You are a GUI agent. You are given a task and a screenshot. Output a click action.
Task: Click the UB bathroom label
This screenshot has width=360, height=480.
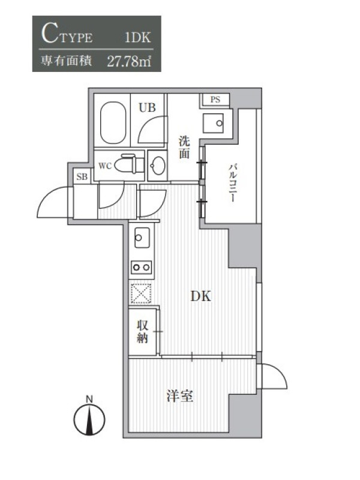pos(147,107)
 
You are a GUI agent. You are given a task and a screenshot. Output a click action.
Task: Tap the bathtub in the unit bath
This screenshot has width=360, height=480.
pos(113,122)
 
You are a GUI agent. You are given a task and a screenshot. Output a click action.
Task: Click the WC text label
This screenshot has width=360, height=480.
pos(104,166)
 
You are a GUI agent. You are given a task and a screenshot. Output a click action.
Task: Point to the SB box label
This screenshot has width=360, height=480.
pos(82,176)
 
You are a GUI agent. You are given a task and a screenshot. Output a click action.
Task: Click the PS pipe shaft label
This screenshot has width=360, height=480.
pos(215,100)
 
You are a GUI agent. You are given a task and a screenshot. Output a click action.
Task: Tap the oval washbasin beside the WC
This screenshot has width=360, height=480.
pos(158,166)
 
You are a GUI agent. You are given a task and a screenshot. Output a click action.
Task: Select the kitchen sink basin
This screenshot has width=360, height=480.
pos(142,237)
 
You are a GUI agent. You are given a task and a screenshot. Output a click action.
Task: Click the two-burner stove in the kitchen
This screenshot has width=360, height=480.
pos(142,267)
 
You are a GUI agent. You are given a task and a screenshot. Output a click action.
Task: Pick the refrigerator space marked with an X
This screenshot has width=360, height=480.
pos(141,293)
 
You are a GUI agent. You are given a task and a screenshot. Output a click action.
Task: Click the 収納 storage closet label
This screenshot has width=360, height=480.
pos(142,332)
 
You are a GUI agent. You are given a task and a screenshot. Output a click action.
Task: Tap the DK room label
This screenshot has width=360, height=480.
pos(201,296)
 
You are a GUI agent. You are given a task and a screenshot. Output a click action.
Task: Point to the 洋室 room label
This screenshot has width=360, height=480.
pos(180,396)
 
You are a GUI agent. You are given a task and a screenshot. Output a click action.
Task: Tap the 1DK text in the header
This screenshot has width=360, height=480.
pos(138,37)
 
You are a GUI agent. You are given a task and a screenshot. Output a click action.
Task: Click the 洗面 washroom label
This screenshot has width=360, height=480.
pos(184,148)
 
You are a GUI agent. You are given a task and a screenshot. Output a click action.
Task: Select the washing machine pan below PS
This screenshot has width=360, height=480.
pos(213,123)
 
